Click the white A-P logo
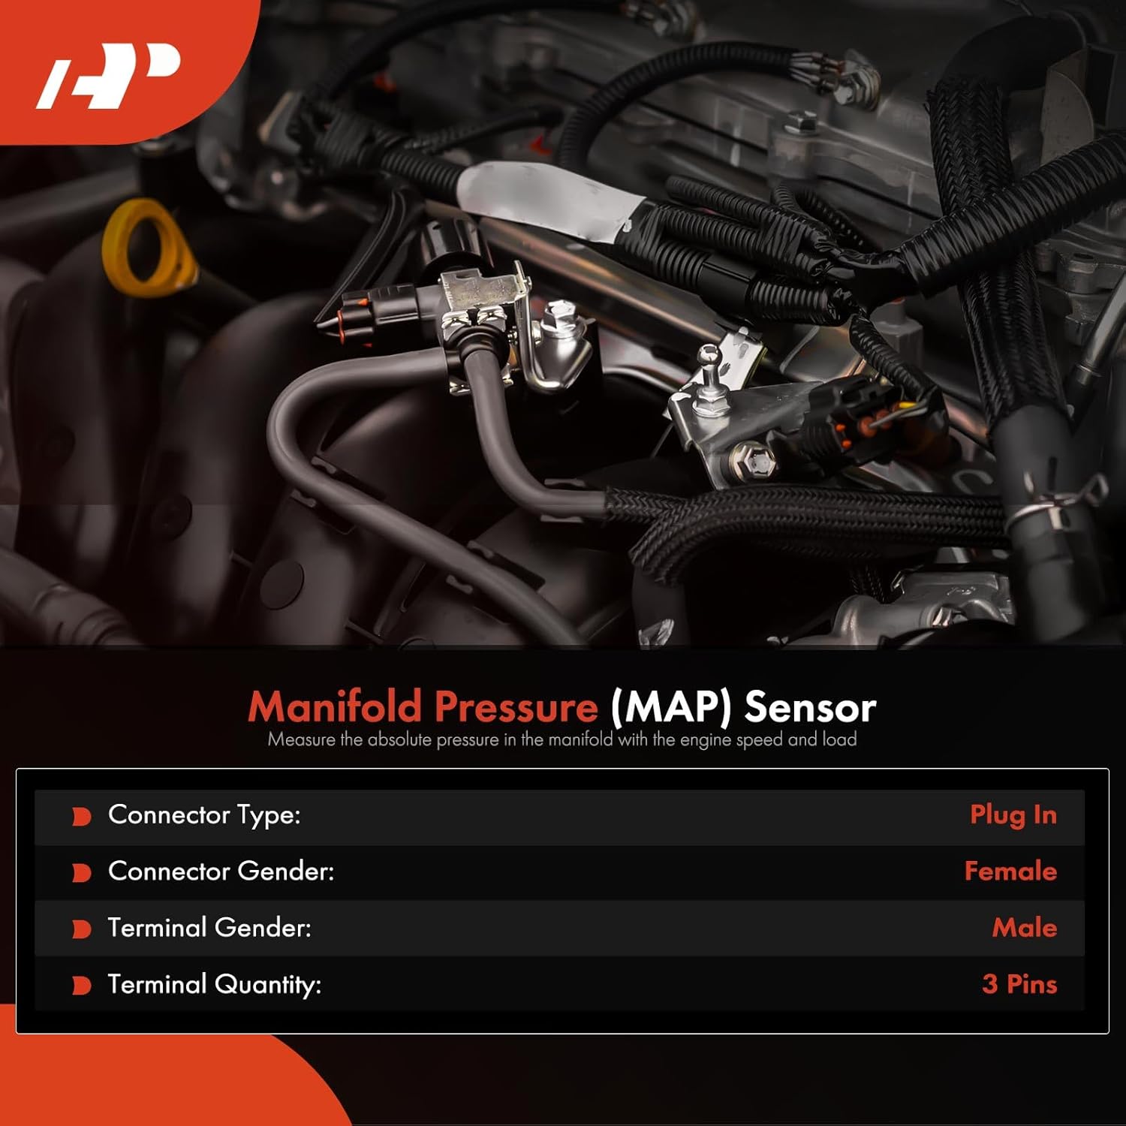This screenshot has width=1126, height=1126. (x=109, y=75)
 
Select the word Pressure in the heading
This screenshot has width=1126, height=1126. (x=516, y=706)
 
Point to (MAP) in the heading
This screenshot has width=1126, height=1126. (x=670, y=706)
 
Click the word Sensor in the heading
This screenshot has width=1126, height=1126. (x=810, y=706)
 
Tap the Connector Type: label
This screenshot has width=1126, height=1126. (x=204, y=815)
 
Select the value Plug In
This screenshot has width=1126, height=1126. (x=1013, y=815)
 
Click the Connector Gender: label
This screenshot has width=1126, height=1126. (x=221, y=872)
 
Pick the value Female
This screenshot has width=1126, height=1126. (x=1010, y=872)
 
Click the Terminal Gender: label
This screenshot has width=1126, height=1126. (x=209, y=928)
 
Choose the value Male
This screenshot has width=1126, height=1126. (x=1024, y=928)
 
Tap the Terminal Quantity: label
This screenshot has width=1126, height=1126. (x=215, y=984)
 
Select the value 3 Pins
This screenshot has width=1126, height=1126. (x=1019, y=984)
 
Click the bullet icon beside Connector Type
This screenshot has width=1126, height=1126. (x=81, y=817)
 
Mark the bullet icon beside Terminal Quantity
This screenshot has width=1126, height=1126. (x=81, y=986)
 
